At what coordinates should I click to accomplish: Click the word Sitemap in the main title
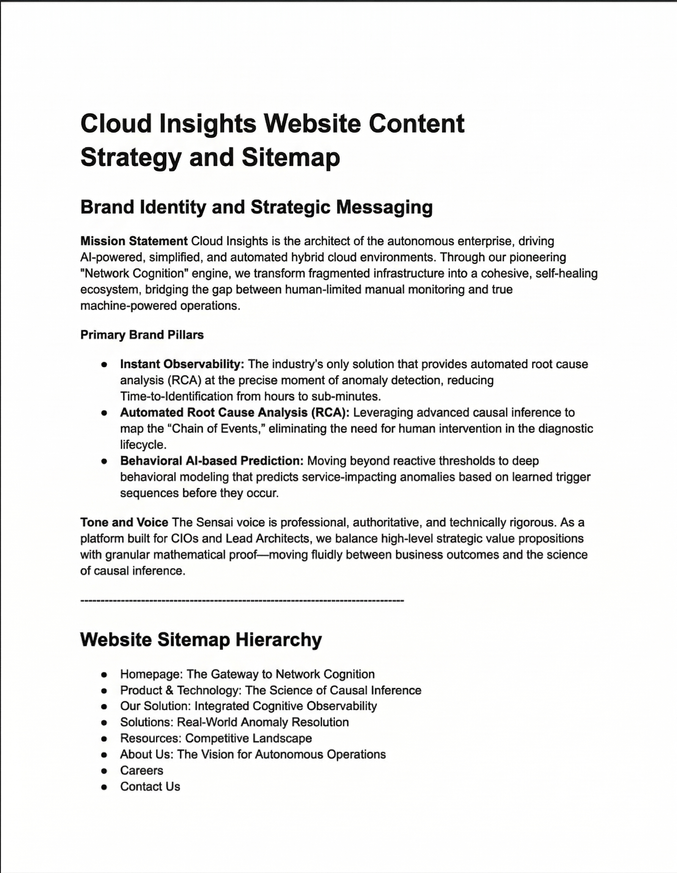tap(291, 157)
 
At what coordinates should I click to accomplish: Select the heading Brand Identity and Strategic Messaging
tap(256, 207)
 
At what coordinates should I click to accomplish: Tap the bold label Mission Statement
tap(134, 241)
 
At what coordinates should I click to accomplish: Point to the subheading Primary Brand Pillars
tap(142, 335)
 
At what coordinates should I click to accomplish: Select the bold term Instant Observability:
tap(182, 364)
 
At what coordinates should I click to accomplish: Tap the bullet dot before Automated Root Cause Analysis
tap(104, 413)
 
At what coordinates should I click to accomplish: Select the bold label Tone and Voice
tap(124, 522)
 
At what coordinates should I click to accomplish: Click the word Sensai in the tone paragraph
tap(208, 522)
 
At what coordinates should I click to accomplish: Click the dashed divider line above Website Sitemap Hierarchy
tap(242, 600)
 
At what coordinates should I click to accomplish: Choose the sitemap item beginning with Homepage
tap(247, 674)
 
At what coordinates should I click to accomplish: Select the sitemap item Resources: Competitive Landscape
tap(216, 738)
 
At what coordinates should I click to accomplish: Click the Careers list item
tap(141, 771)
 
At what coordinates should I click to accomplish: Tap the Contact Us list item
tap(150, 787)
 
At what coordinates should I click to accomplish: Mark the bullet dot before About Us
tap(104, 755)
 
